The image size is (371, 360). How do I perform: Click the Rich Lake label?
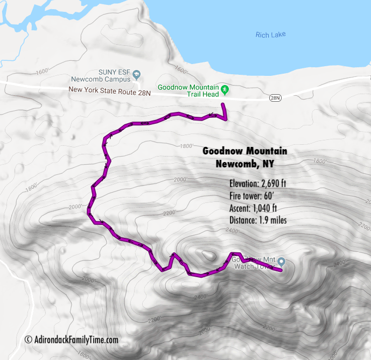click(270, 35)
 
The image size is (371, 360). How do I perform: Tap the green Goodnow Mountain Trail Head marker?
click(225, 89)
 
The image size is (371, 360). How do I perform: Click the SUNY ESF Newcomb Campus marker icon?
click(137, 75)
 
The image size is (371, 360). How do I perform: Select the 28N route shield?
click(275, 98)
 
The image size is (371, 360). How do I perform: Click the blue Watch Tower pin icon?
click(280, 262)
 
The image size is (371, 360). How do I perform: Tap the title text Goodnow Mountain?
click(244, 151)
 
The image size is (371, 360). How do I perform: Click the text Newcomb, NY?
click(244, 163)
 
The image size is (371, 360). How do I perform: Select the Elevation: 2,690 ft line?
click(257, 183)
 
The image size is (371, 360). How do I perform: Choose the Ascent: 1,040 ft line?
click(253, 208)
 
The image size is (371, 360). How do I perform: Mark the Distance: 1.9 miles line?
click(257, 220)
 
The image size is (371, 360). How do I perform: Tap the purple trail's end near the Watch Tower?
click(281, 270)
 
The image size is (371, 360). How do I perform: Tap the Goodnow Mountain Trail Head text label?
click(188, 91)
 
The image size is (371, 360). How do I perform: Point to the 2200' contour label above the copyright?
click(153, 320)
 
